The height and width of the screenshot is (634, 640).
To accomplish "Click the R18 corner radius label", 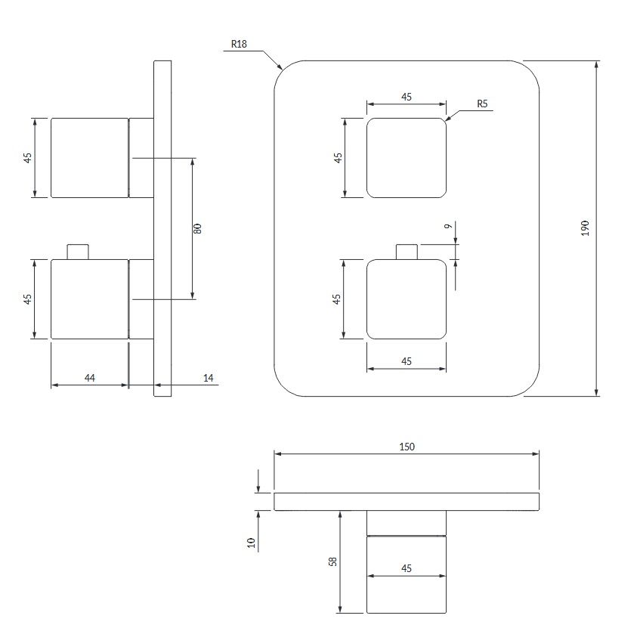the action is pos(239,44).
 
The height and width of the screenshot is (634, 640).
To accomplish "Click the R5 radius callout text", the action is pos(482,104).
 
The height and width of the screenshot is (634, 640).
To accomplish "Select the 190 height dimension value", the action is pos(586,228).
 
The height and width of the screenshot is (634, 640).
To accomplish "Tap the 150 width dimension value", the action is pos(407,447).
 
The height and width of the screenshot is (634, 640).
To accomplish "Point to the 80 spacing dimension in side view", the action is pos(197,229).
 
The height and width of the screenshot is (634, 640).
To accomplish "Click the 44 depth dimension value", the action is pos(89,378).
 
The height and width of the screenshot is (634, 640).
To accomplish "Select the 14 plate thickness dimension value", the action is pos(208,378).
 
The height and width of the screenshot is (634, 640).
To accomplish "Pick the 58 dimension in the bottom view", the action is pos(333,561).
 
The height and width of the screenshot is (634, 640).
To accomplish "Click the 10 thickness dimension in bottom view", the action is pos(251,543).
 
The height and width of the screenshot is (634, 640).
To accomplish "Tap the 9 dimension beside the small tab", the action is pos(448,226).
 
